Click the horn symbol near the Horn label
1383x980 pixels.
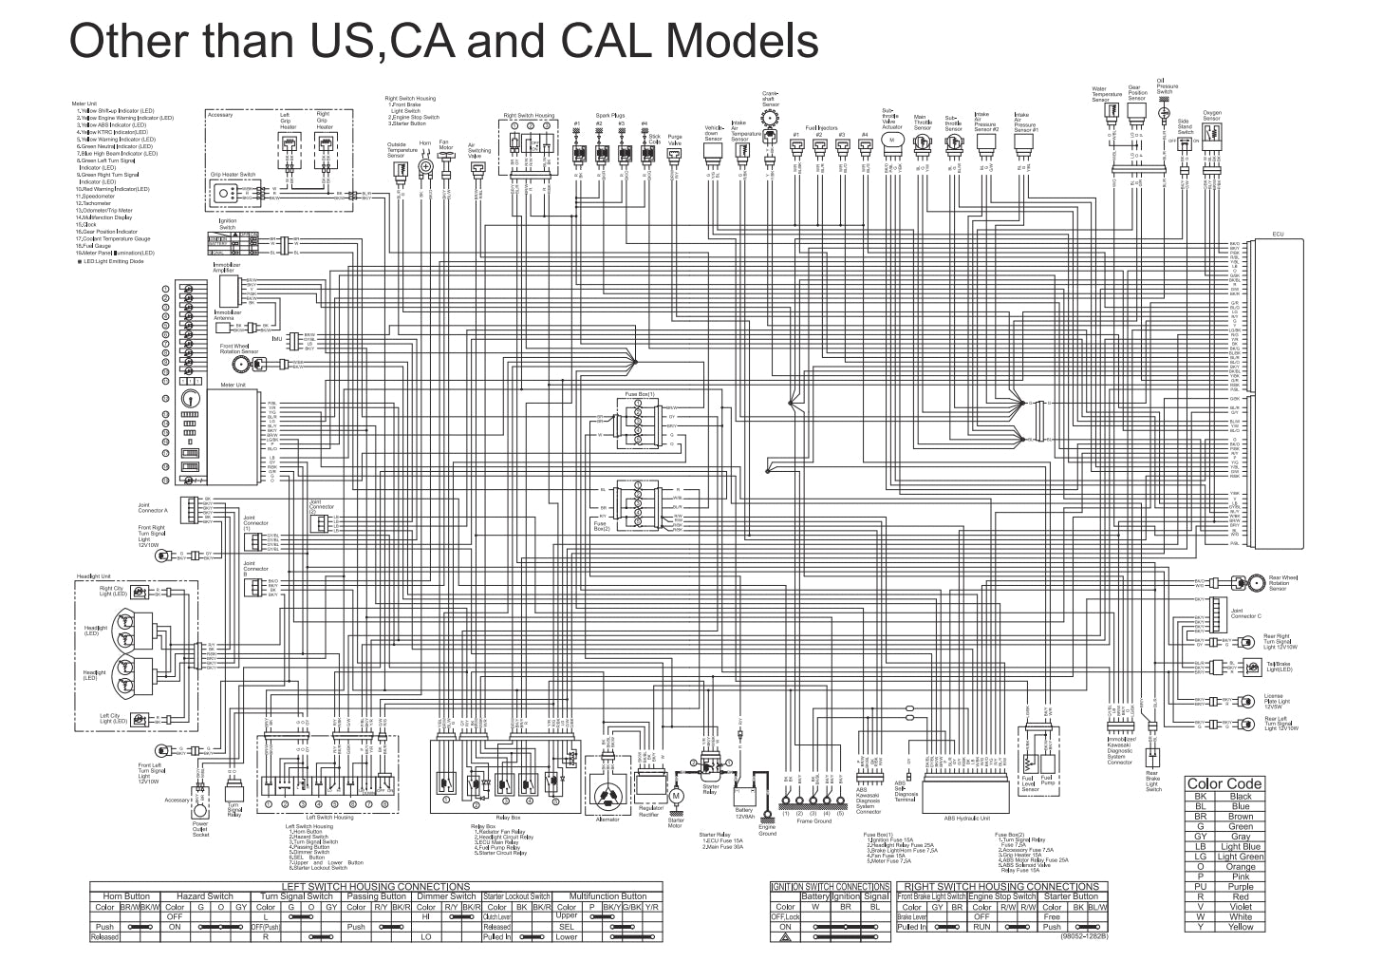425,167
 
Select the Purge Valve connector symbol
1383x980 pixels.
675,154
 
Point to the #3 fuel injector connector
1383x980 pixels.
841,146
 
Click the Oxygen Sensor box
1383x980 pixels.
1211,132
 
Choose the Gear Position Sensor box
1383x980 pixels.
1135,111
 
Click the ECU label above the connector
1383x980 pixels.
1278,234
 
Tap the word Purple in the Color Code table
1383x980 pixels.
1241,887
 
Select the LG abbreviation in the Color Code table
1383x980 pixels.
1201,857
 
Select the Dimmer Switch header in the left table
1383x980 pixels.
447,896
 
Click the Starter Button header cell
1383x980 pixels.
1071,895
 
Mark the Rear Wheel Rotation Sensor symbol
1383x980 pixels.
1256,581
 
